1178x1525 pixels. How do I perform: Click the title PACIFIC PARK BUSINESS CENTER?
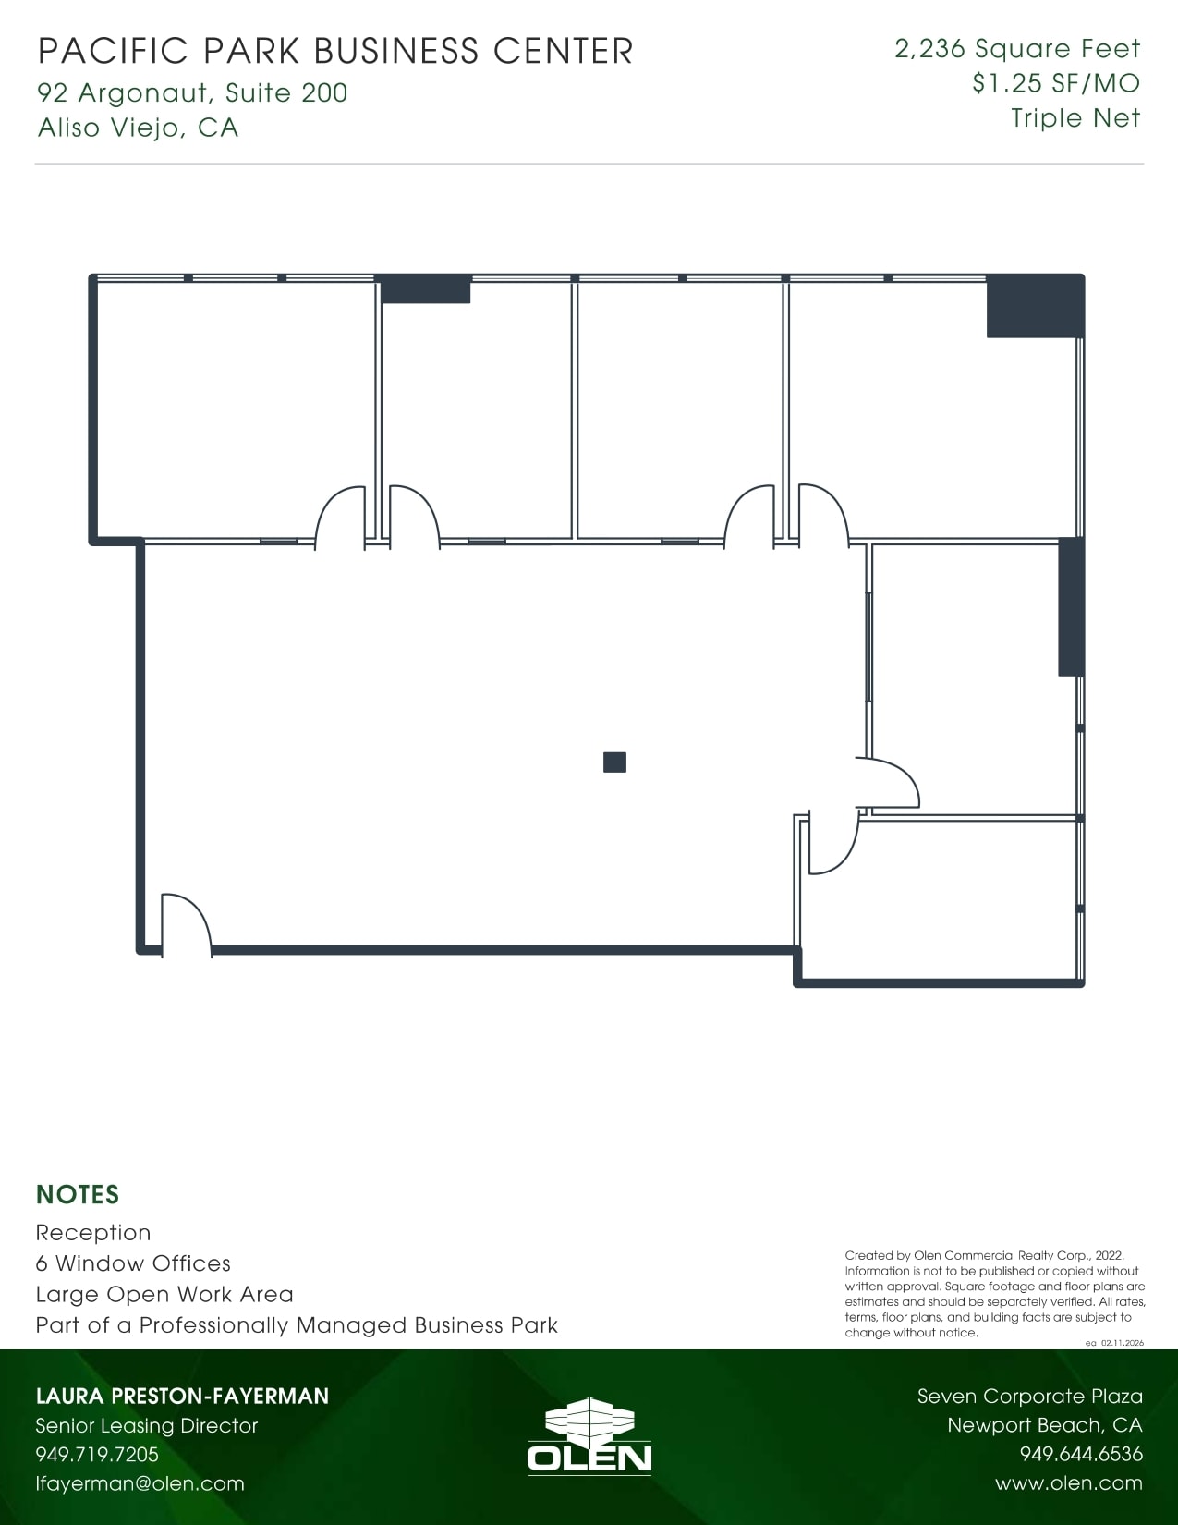pyautogui.click(x=335, y=51)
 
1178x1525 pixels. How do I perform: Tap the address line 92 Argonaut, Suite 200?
pyautogui.click(x=192, y=92)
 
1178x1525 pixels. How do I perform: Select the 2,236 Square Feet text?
pyautogui.click(x=1017, y=49)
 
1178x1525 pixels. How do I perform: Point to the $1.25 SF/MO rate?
pyautogui.click(x=1056, y=83)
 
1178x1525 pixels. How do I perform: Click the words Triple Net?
pyautogui.click(x=1075, y=118)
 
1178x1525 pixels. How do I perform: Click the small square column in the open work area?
pyautogui.click(x=614, y=762)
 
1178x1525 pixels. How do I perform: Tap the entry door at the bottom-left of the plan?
pyautogui.click(x=185, y=924)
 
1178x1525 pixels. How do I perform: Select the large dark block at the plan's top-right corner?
pyautogui.click(x=1034, y=306)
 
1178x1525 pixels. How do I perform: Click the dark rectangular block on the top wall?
pyautogui.click(x=426, y=289)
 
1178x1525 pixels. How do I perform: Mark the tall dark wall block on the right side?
pyautogui.click(x=1070, y=606)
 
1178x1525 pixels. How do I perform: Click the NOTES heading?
pyautogui.click(x=78, y=1195)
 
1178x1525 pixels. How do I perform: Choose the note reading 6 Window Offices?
pyautogui.click(x=133, y=1263)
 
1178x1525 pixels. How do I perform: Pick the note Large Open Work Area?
pyautogui.click(x=164, y=1294)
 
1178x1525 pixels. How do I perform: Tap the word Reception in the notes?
pyautogui.click(x=93, y=1233)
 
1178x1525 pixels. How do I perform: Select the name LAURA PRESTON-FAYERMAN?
pyautogui.click(x=182, y=1396)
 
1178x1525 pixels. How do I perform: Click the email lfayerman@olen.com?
pyautogui.click(x=140, y=1484)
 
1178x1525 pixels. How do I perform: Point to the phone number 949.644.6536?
pyautogui.click(x=1081, y=1455)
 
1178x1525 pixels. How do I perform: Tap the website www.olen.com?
pyautogui.click(x=1069, y=1483)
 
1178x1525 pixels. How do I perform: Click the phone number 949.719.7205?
pyautogui.click(x=97, y=1455)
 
